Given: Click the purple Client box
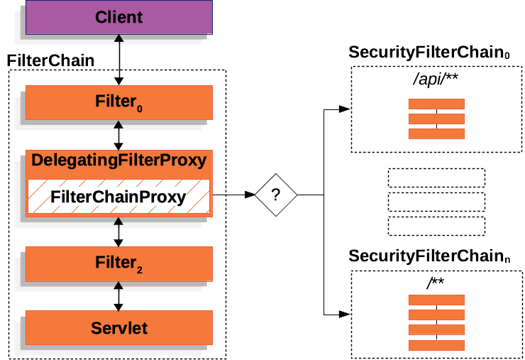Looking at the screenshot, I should (x=118, y=17).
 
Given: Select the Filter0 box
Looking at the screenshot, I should (x=118, y=102).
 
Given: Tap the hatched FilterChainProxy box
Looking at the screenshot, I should (x=118, y=197).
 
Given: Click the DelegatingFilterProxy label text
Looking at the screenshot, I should (x=118, y=160).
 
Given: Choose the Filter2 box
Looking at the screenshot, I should (x=118, y=263).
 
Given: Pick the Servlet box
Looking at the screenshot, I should (x=118, y=327).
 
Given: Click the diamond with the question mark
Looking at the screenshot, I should (x=275, y=194).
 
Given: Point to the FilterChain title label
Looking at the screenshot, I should (x=50, y=60).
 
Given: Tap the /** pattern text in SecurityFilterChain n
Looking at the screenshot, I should (x=435, y=283).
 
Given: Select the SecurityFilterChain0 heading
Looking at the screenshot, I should (x=430, y=53).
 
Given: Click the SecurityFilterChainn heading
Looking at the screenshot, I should (x=430, y=256).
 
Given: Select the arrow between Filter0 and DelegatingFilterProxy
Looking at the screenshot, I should (x=118, y=135).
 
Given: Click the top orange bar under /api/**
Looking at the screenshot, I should (x=436, y=104).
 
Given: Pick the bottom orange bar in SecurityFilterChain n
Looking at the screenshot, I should (x=436, y=345).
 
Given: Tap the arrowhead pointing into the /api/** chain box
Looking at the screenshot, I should (x=344, y=109).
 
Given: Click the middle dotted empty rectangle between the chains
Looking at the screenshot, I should (x=436, y=202).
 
